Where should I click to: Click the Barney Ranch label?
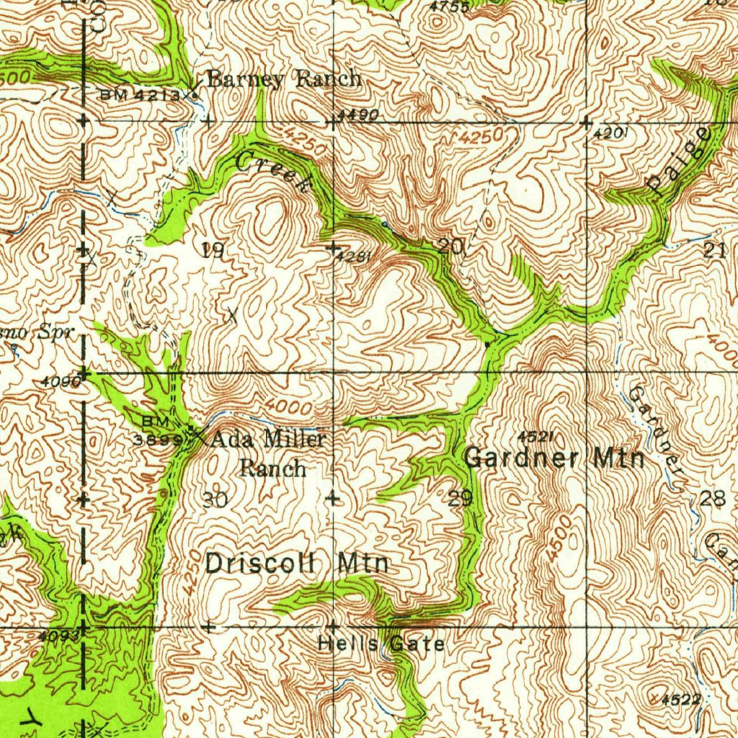(x=284, y=79)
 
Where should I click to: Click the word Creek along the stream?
(x=275, y=172)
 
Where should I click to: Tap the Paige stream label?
(x=678, y=161)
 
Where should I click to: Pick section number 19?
(x=213, y=251)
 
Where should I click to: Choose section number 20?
(x=451, y=246)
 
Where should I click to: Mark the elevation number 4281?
(x=357, y=257)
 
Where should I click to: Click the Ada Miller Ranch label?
(x=270, y=453)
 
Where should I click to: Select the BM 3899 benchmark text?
(x=155, y=431)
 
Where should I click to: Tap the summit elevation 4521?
(x=535, y=437)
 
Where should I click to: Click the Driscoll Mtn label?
(x=297, y=563)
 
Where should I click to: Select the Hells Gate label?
(x=381, y=644)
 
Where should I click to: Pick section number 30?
(x=215, y=499)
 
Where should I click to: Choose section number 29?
(x=460, y=497)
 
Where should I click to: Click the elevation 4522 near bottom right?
(x=681, y=698)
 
